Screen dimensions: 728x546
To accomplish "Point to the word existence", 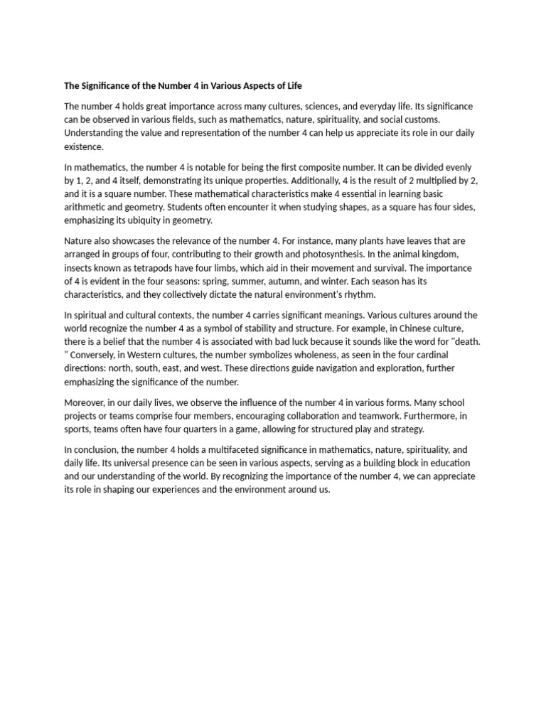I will point(83,147).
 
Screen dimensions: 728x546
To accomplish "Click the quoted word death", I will point(464,341).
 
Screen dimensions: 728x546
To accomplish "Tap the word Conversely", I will point(93,355).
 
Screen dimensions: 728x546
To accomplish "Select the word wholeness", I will point(301,355).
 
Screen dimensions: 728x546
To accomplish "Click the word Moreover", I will point(85,402).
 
